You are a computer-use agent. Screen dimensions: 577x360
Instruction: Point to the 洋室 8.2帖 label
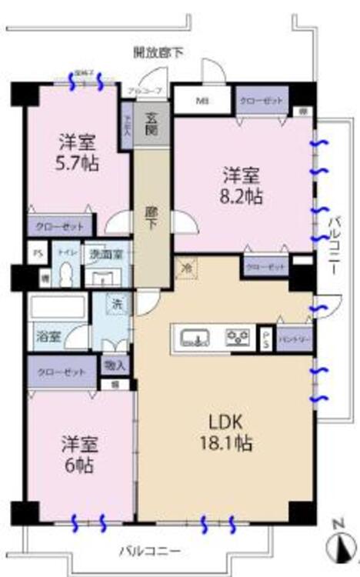242,185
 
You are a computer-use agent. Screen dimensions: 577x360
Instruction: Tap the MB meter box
202,101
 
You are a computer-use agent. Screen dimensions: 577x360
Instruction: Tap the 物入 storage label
115,365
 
